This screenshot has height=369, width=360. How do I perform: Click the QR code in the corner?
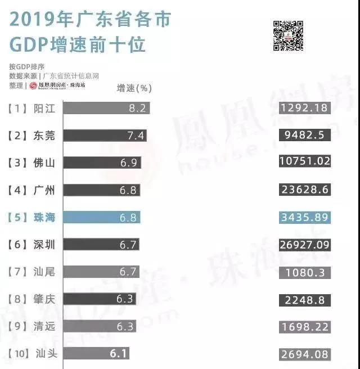point(288,35)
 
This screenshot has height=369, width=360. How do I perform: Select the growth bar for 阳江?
point(106,108)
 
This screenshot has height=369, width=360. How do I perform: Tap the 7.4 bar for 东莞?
point(105,135)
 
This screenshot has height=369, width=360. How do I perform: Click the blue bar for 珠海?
point(101,217)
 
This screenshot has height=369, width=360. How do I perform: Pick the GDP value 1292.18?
point(304,108)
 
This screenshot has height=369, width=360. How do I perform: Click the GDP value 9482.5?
point(304,135)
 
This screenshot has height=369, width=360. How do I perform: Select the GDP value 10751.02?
point(304,163)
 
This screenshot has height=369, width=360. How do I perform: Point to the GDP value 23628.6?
point(304,190)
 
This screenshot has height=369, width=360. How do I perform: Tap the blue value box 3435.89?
point(304,217)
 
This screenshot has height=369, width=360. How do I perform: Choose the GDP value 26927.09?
point(304,244)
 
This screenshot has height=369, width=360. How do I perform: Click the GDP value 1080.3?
point(304,272)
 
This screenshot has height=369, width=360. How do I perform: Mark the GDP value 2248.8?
point(304,299)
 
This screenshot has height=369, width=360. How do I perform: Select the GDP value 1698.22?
point(304,326)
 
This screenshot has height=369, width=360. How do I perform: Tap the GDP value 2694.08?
point(304,354)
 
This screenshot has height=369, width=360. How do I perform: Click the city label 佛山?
point(44,163)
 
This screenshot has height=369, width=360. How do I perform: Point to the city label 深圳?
point(44,245)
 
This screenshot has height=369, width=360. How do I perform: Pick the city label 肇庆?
point(44,299)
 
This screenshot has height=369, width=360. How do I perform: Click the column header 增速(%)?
point(134,88)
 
